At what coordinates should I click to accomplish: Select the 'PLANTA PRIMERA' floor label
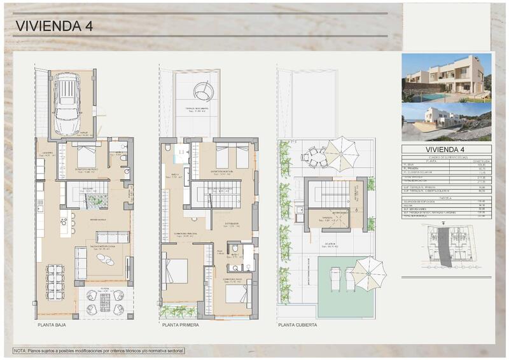click(x=181, y=324)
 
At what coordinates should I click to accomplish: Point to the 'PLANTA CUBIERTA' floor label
click(x=298, y=324)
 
